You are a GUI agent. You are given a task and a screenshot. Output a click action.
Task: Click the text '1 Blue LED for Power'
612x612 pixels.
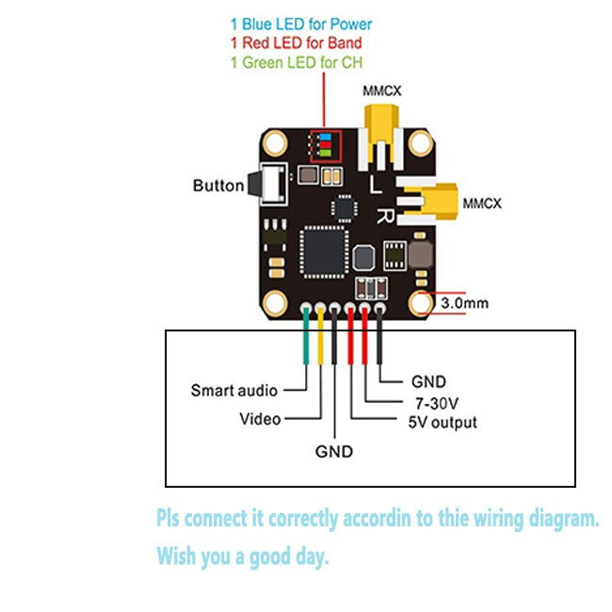pyautogui.click(x=301, y=24)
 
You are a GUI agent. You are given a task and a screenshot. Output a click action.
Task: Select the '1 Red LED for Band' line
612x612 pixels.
pyautogui.click(x=297, y=42)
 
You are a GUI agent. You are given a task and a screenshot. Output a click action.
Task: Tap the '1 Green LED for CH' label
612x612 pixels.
pyautogui.click(x=297, y=62)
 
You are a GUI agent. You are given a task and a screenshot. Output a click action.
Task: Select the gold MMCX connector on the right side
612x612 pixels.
pyautogui.click(x=435, y=201)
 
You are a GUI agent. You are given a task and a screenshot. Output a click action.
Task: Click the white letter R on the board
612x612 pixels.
pyautogui.click(x=385, y=215)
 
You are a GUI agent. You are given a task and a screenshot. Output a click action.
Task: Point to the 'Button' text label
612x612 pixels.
pyautogui.click(x=218, y=185)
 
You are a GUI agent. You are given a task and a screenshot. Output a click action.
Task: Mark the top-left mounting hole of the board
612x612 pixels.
pyautogui.click(x=274, y=143)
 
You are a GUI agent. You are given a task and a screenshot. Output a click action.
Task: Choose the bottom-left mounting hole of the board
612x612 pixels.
pyautogui.click(x=274, y=302)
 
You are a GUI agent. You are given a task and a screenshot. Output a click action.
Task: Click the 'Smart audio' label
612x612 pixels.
pyautogui.click(x=234, y=390)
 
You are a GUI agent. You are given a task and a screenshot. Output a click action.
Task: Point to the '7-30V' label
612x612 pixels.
pyautogui.click(x=431, y=403)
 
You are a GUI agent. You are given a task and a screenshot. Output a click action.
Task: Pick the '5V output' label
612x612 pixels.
pyautogui.click(x=442, y=423)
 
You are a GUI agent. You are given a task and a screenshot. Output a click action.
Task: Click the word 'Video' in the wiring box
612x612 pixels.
pyautogui.click(x=260, y=418)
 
